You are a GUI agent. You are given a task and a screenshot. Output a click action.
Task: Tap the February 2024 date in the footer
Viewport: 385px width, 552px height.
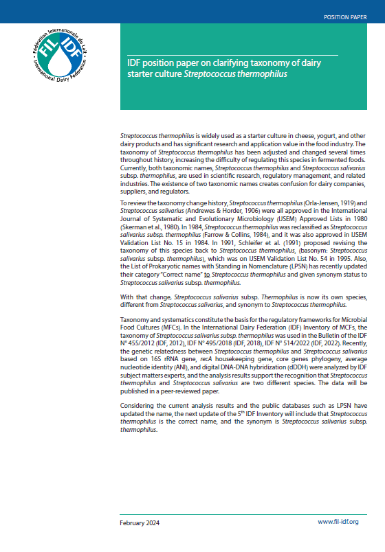click(x=140, y=522)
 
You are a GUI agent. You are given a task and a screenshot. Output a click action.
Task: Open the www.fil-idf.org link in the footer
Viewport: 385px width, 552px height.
click(x=338, y=522)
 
